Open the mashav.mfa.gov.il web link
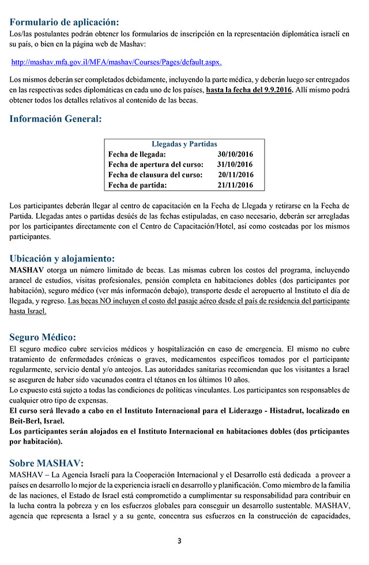[x=116, y=62]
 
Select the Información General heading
[x=55, y=119]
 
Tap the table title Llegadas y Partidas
[x=184, y=144]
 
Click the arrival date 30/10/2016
[x=235, y=154]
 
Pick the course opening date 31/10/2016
[x=235, y=165]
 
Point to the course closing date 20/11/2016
[x=235, y=175]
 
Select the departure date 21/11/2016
[x=235, y=185]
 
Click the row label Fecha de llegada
[x=137, y=154]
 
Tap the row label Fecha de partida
[x=137, y=185]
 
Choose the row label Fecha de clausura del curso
[x=155, y=175]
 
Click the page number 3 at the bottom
[x=179, y=540]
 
